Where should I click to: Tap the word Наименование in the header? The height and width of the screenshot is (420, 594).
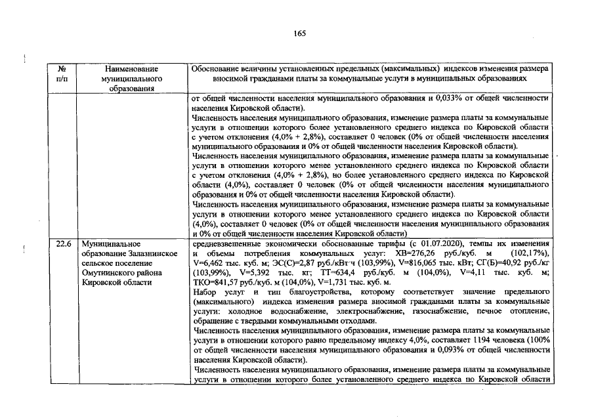click(130, 68)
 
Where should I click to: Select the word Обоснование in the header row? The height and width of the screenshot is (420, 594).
click(217, 68)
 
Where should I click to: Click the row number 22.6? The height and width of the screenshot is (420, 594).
click(63, 243)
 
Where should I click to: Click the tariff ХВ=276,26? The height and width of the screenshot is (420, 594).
click(408, 253)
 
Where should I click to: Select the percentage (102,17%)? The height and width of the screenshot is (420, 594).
click(530, 253)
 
